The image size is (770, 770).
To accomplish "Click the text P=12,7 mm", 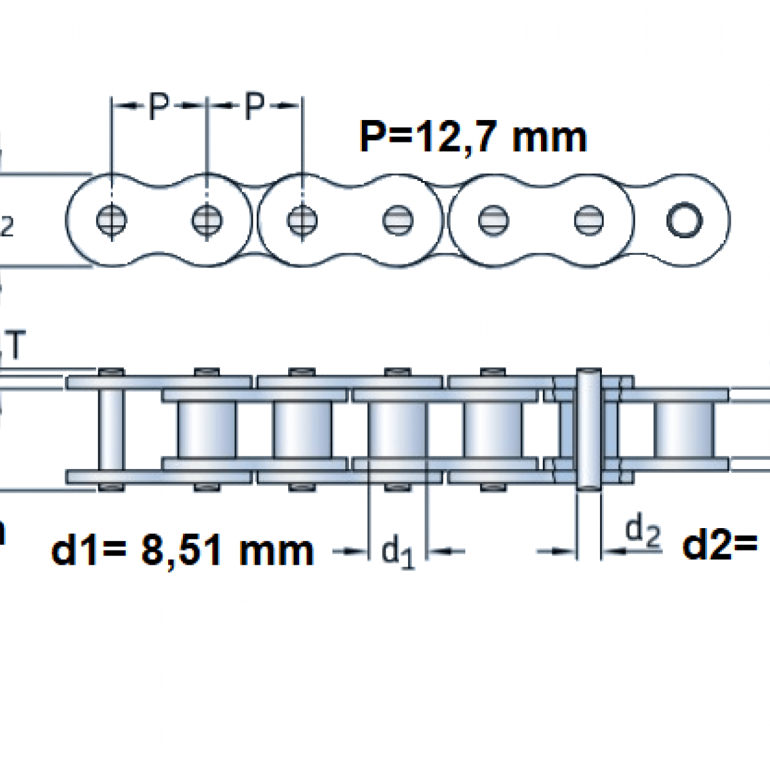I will point(473,137).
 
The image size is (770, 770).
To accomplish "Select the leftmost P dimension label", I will point(158,106).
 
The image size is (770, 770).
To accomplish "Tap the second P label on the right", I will point(254,106).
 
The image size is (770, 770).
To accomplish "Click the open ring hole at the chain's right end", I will point(684,220).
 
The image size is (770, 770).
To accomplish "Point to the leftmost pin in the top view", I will point(112,220).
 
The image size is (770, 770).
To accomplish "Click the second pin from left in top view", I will point(207,220).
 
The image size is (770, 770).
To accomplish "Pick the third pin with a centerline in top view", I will point(302,220).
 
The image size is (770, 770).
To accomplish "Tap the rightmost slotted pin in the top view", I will point(588,220).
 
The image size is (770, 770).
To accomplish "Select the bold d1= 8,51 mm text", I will point(182,551).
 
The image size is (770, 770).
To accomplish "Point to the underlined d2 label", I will point(643,531).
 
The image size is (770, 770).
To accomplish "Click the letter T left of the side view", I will point(16,346).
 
